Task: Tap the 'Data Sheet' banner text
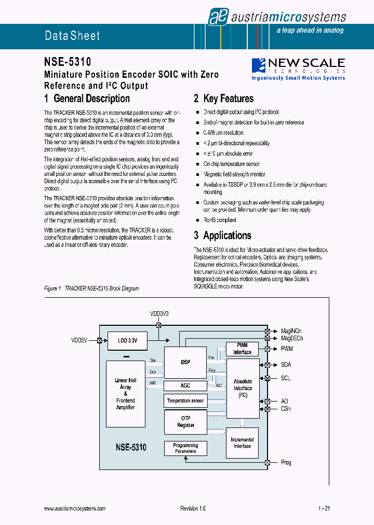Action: (x=72, y=36)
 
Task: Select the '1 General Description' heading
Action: (x=87, y=99)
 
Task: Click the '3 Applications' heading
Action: (x=222, y=236)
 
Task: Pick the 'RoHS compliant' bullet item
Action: (x=220, y=220)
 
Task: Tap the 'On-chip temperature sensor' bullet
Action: (x=231, y=164)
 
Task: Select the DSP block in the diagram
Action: (x=185, y=362)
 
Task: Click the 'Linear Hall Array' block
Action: (x=126, y=394)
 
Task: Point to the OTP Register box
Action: (x=185, y=421)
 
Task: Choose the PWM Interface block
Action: (x=242, y=349)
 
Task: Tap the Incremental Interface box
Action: (x=242, y=443)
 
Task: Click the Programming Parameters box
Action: (x=185, y=448)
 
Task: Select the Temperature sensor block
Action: (x=185, y=401)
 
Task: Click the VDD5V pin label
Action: (x=79, y=340)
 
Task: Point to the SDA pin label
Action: (x=286, y=365)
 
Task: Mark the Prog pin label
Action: (x=286, y=462)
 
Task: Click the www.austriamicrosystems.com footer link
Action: (x=75, y=509)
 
